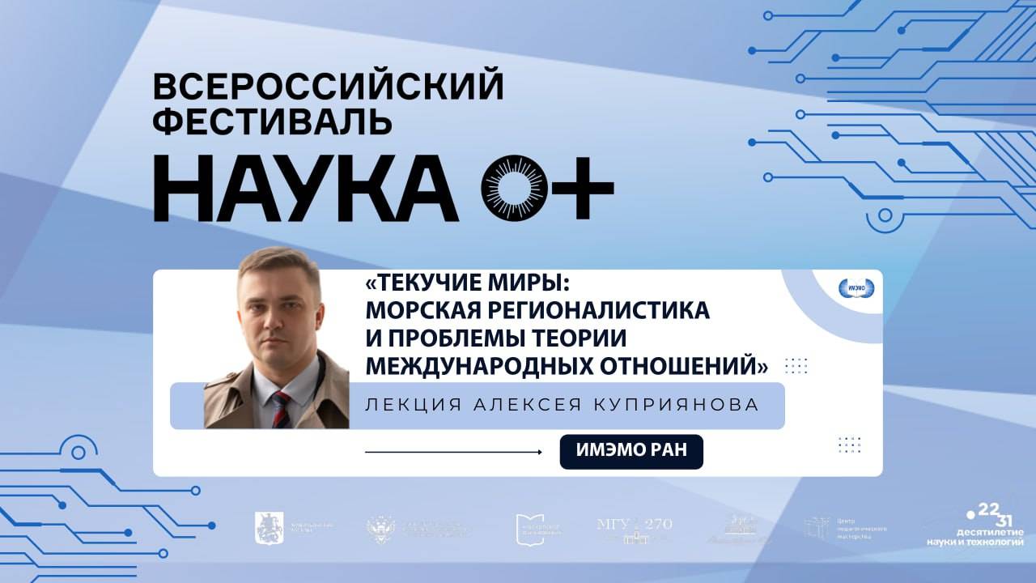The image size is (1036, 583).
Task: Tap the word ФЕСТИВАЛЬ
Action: [x=273, y=121]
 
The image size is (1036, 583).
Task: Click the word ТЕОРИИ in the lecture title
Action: [x=571, y=338]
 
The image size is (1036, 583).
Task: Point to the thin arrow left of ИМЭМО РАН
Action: [x=453, y=452]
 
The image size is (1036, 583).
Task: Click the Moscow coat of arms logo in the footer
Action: [x=270, y=528]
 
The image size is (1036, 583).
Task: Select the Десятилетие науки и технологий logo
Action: [x=975, y=525]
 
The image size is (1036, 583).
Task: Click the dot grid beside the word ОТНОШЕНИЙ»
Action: [x=796, y=365]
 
